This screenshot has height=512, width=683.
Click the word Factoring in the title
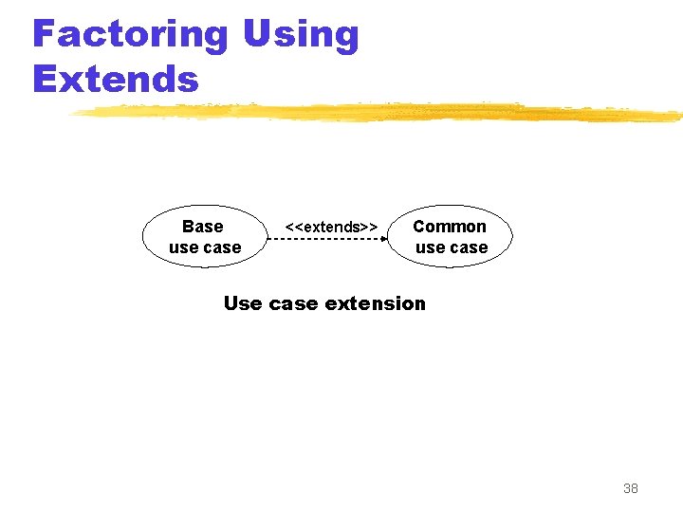click(130, 35)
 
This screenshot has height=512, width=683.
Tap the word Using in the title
click(301, 35)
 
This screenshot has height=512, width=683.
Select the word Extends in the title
click(116, 79)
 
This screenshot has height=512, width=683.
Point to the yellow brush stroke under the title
click(379, 113)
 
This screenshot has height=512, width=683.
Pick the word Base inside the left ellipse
click(202, 227)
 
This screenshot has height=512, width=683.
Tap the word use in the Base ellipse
click(183, 248)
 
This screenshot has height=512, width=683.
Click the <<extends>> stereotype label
click(332, 227)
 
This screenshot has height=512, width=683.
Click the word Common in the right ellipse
click(450, 227)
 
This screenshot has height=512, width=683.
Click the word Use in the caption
click(243, 303)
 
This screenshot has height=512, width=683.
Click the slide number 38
click(631, 488)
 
